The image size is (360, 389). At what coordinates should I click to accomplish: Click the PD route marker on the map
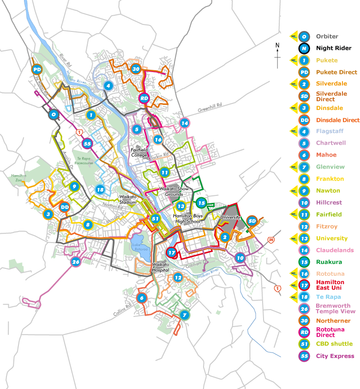point(37,70)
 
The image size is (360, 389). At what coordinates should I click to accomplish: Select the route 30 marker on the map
point(136,69)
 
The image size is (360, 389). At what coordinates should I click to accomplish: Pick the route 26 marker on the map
point(76,262)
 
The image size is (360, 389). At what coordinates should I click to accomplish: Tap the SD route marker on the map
point(252,221)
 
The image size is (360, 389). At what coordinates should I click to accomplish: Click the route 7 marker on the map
point(184,315)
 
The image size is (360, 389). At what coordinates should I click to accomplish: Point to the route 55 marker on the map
point(87,143)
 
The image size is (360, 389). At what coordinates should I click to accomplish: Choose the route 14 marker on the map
point(185,123)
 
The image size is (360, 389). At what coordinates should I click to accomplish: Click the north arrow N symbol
point(277,45)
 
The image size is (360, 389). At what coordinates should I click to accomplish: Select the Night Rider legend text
point(333,48)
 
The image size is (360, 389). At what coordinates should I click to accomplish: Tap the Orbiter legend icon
point(304,36)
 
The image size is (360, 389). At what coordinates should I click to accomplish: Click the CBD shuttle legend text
point(334,344)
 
